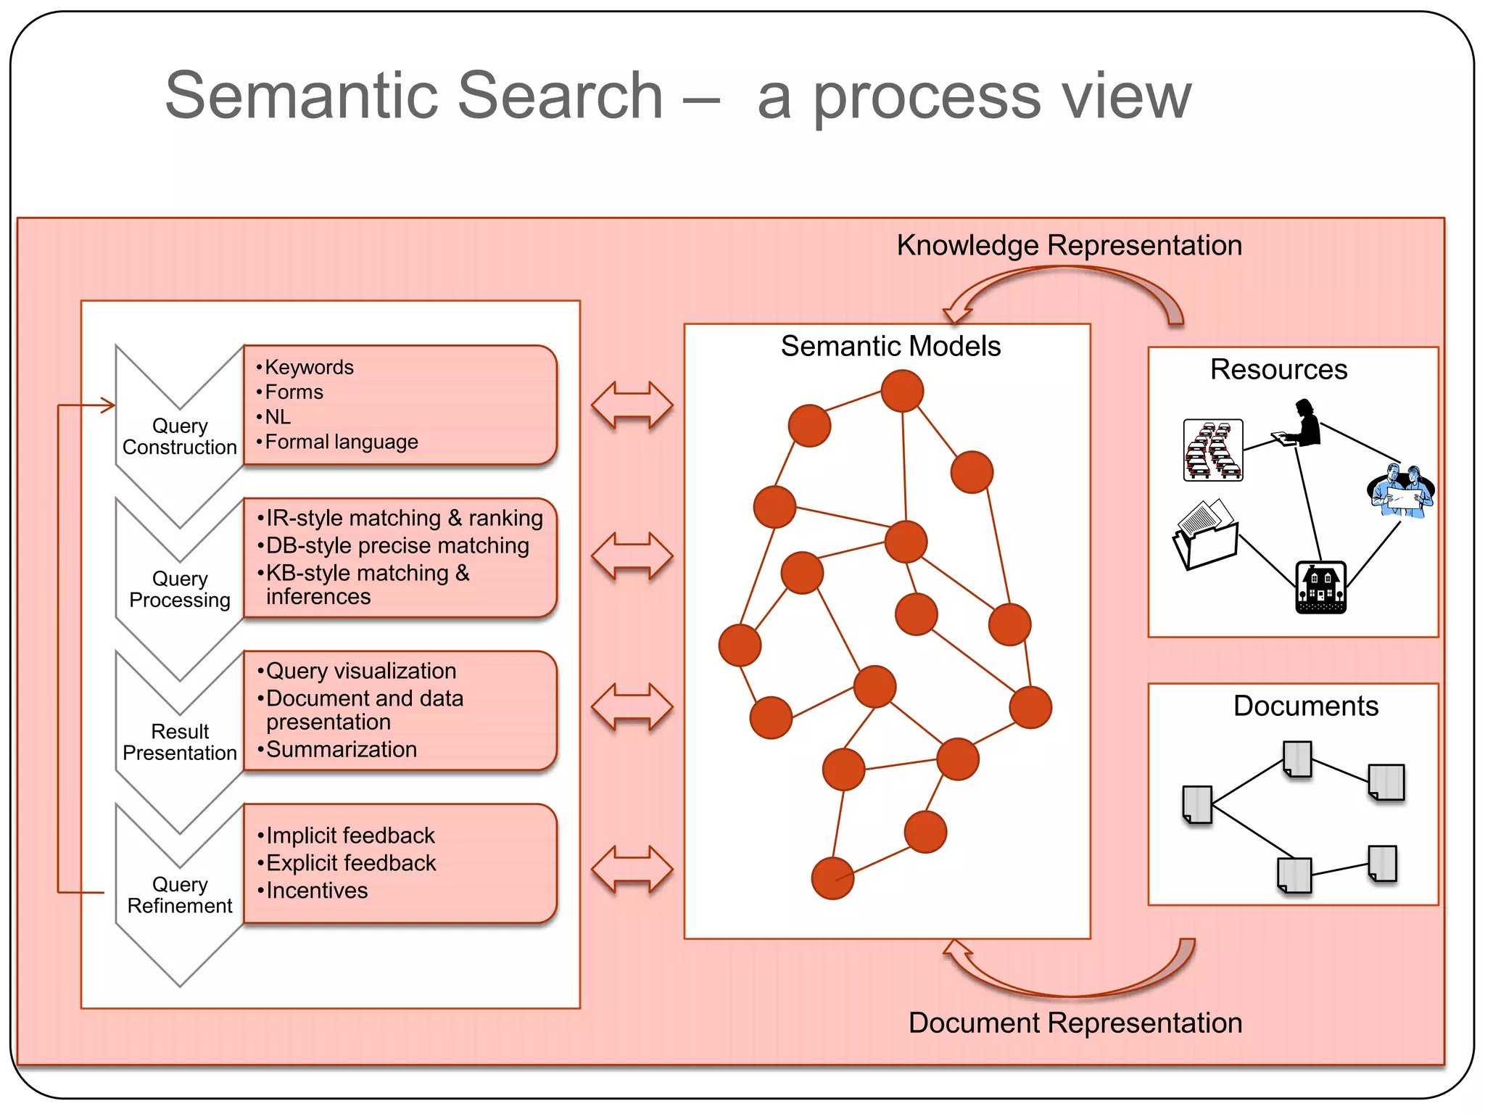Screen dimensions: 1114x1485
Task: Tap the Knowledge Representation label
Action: pos(1069,245)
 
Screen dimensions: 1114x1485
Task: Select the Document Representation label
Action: pos(1075,1023)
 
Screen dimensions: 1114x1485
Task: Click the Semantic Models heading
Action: pos(890,346)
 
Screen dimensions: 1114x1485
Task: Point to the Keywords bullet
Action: pos(309,367)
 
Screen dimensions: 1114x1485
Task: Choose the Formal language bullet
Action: pos(341,442)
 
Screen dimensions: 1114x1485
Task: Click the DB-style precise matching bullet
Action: pos(397,545)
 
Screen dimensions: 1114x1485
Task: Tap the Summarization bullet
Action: pos(341,749)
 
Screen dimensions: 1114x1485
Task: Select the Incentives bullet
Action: pos(316,890)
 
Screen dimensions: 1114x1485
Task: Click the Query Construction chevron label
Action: pos(180,437)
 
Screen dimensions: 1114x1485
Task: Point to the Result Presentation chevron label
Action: pos(180,742)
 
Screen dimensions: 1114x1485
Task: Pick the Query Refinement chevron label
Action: pos(180,895)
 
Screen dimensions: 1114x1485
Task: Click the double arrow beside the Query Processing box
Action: pos(632,556)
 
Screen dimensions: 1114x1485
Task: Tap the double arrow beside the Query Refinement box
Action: pos(632,869)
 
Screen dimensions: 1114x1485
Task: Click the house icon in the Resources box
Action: pos(1320,587)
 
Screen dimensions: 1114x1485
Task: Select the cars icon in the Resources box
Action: pos(1212,450)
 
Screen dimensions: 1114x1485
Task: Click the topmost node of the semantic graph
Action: pos(902,391)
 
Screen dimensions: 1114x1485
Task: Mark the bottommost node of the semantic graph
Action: pos(832,878)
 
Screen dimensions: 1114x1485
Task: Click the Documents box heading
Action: pos(1305,706)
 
